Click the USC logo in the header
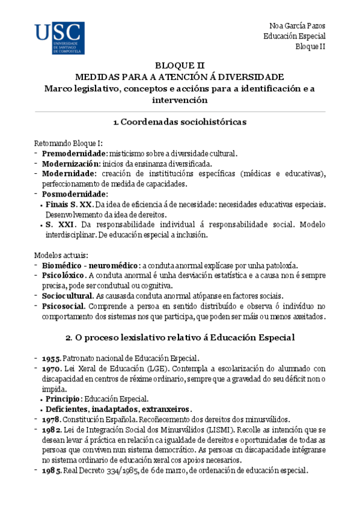coord(59,39)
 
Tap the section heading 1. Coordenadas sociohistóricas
coord(180,122)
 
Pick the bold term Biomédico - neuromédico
coord(90,265)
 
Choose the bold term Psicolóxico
coord(63,275)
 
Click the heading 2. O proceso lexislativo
coord(180,337)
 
